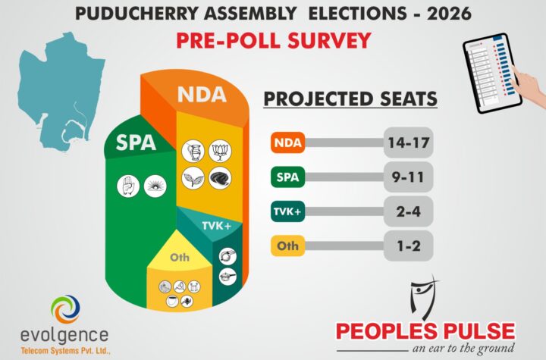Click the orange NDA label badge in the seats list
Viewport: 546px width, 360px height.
286,142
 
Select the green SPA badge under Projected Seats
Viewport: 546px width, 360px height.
286,179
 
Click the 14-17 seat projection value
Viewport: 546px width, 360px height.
408,142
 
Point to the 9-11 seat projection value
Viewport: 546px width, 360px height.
408,179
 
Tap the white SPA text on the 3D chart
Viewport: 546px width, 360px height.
136,142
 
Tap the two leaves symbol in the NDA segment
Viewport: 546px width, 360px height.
193,179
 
